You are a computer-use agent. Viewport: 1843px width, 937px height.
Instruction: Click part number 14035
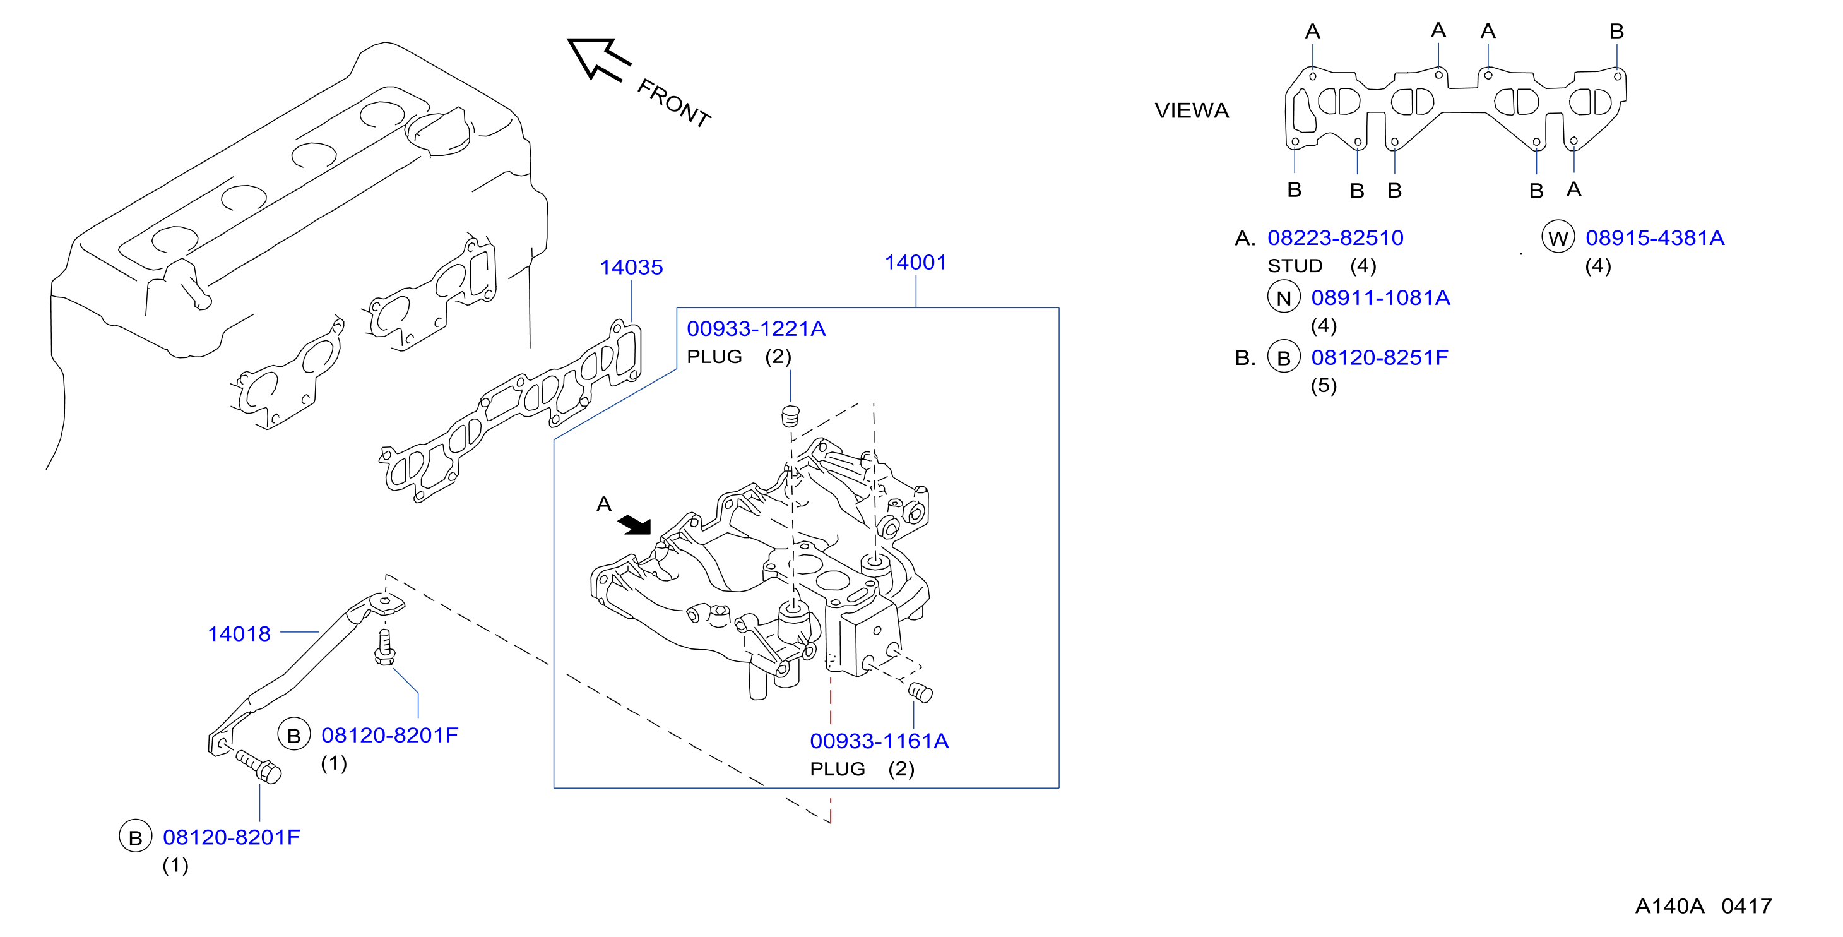point(631,267)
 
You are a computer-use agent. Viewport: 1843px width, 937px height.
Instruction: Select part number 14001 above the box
point(915,262)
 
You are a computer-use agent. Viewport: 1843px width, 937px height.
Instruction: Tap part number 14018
point(239,633)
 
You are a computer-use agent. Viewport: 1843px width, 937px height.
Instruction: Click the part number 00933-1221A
point(756,328)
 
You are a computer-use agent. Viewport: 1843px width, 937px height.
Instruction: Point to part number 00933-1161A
point(879,741)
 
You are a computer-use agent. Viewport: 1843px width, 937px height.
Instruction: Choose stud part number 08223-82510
point(1335,237)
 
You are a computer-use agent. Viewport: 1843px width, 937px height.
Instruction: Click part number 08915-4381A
point(1655,237)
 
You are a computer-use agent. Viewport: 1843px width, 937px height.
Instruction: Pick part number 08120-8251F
point(1379,357)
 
